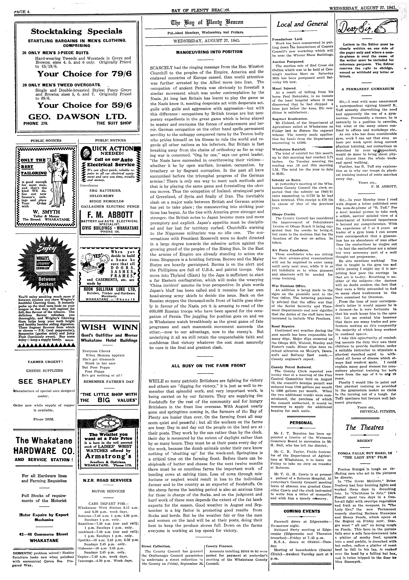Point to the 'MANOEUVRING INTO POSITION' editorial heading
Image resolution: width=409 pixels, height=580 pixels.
click(x=209, y=52)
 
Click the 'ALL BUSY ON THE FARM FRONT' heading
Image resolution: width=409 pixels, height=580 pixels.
click(x=208, y=365)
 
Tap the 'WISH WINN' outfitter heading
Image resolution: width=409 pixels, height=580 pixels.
click(x=109, y=327)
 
